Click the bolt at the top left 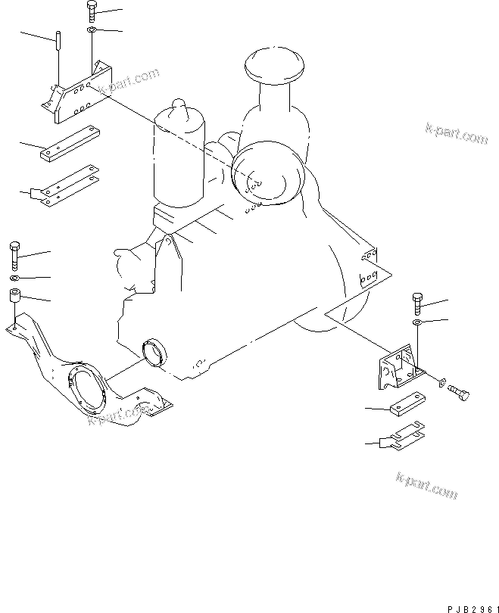pyautogui.click(x=92, y=11)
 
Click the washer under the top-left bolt pyautogui.click(x=92, y=30)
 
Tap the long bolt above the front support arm pyautogui.click(x=14, y=256)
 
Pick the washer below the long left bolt pyautogui.click(x=14, y=278)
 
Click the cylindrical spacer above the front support pyautogui.click(x=15, y=295)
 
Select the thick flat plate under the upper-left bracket pyautogui.click(x=70, y=144)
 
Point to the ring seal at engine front pyautogui.click(x=155, y=352)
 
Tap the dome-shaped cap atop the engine pyautogui.click(x=274, y=65)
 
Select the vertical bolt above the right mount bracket pyautogui.click(x=417, y=303)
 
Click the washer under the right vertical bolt pyautogui.click(x=418, y=322)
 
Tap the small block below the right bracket pyautogui.click(x=407, y=404)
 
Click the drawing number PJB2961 pyautogui.click(x=473, y=609)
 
